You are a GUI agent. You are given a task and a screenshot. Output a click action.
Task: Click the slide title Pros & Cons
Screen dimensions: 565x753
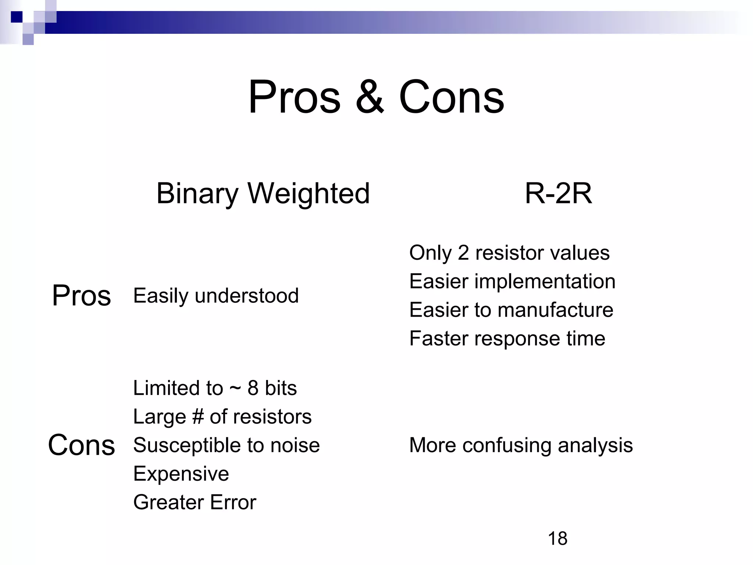pyautogui.click(x=376, y=97)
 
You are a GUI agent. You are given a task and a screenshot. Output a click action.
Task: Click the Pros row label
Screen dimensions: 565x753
pyautogui.click(x=81, y=295)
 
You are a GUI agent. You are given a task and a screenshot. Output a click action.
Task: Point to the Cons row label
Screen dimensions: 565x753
pyautogui.click(x=81, y=445)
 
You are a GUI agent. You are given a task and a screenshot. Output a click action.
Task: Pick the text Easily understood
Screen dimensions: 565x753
pyautogui.click(x=216, y=296)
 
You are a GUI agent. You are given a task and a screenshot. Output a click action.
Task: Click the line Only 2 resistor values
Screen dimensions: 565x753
pyautogui.click(x=509, y=253)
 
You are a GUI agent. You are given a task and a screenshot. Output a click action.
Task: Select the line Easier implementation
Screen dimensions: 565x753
pyautogui.click(x=512, y=281)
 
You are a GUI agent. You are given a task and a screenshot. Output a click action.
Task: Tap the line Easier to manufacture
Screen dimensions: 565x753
pyautogui.click(x=511, y=310)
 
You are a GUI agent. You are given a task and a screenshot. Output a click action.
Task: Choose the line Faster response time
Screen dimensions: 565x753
pyautogui.click(x=507, y=338)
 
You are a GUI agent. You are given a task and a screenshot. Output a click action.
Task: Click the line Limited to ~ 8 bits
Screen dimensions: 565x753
pyautogui.click(x=215, y=388)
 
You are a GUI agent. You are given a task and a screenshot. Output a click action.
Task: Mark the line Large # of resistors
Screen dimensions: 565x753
pyautogui.click(x=222, y=417)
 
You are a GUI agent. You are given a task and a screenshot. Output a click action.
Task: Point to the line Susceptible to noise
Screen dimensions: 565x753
pyautogui.click(x=226, y=445)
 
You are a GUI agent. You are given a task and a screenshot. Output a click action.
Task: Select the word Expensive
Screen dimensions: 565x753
pyautogui.click(x=181, y=474)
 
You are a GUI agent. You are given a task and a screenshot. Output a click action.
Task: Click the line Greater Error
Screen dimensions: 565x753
pyautogui.click(x=195, y=502)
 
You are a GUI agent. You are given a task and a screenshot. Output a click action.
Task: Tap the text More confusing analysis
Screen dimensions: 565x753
pyautogui.click(x=521, y=445)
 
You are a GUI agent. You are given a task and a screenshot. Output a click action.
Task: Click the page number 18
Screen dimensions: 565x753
pyautogui.click(x=557, y=539)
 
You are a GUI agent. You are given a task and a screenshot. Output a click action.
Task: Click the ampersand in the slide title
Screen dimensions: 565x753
pyautogui.click(x=370, y=97)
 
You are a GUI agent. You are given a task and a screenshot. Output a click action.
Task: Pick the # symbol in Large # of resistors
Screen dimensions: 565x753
pyautogui.click(x=198, y=417)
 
